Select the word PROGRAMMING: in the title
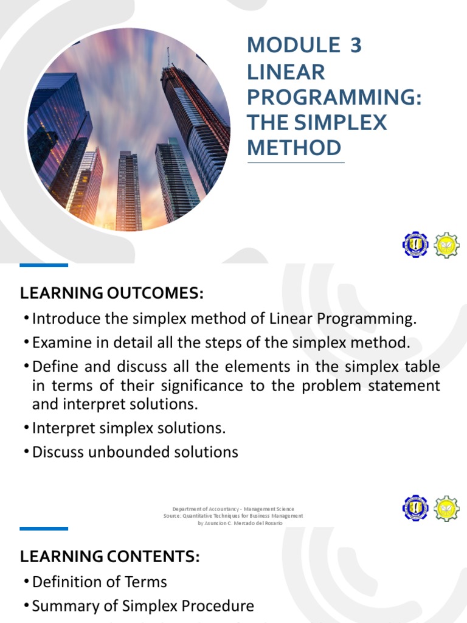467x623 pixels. coord(334,97)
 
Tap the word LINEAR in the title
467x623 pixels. coord(285,71)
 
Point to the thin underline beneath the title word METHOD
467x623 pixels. coord(296,162)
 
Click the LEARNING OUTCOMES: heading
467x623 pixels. coord(111,293)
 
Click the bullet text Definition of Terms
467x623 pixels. coord(99,582)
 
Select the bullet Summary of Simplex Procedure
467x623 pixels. coord(143,606)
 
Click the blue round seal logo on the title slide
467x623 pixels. coord(415,245)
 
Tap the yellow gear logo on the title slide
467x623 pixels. coord(447,245)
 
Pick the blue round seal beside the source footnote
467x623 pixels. coord(415,508)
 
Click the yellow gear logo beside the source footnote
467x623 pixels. coord(447,508)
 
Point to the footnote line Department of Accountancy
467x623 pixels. coord(233,509)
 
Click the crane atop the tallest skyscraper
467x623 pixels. coord(168,57)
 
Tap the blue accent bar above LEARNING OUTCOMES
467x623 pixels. coord(44,265)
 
